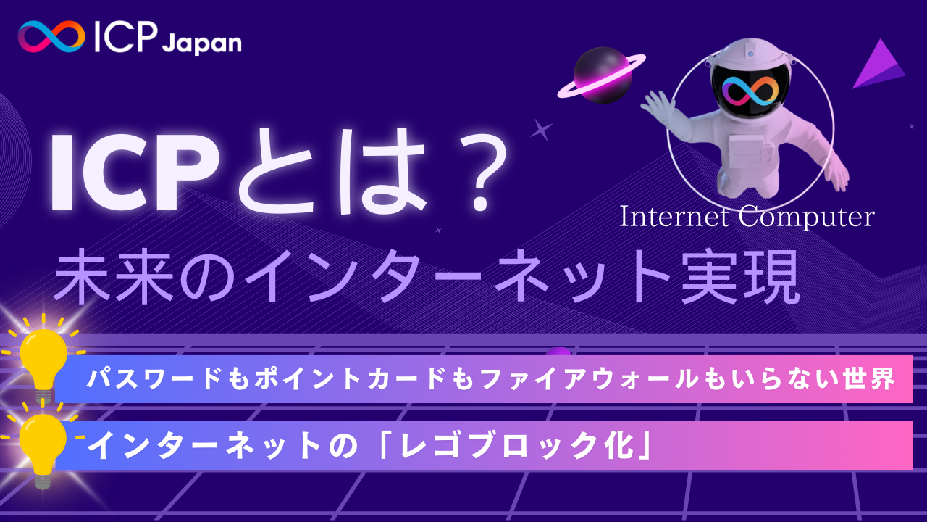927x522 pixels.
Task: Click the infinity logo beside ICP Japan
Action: point(51,36)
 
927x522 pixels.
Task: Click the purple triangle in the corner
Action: point(881,67)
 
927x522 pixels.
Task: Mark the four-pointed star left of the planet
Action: point(540,130)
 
